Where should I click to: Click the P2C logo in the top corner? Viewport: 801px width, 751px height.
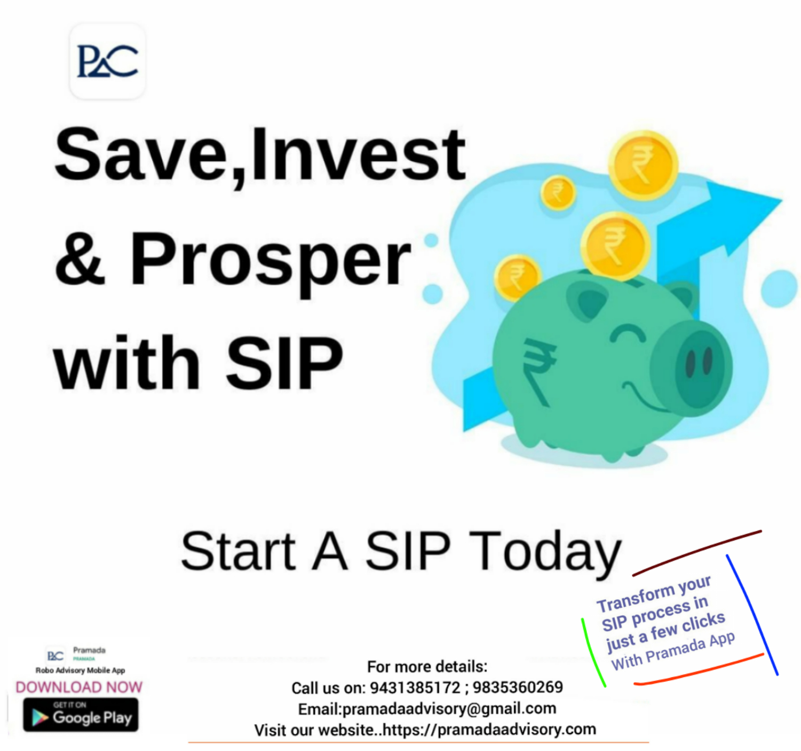coord(107,61)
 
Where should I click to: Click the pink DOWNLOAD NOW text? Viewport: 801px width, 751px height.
coord(79,687)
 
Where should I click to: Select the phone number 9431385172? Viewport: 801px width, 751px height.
coord(415,687)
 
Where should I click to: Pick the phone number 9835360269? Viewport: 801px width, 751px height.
coord(518,687)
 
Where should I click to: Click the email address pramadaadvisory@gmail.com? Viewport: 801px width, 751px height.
coord(449,709)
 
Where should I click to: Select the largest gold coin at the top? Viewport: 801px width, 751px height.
coord(643,165)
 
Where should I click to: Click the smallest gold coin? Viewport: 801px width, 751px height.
coord(558,193)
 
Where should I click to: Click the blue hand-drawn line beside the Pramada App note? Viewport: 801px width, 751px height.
coord(752,615)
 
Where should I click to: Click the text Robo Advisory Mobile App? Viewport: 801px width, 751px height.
coord(80,670)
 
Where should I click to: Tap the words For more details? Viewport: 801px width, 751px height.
coord(427,667)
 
